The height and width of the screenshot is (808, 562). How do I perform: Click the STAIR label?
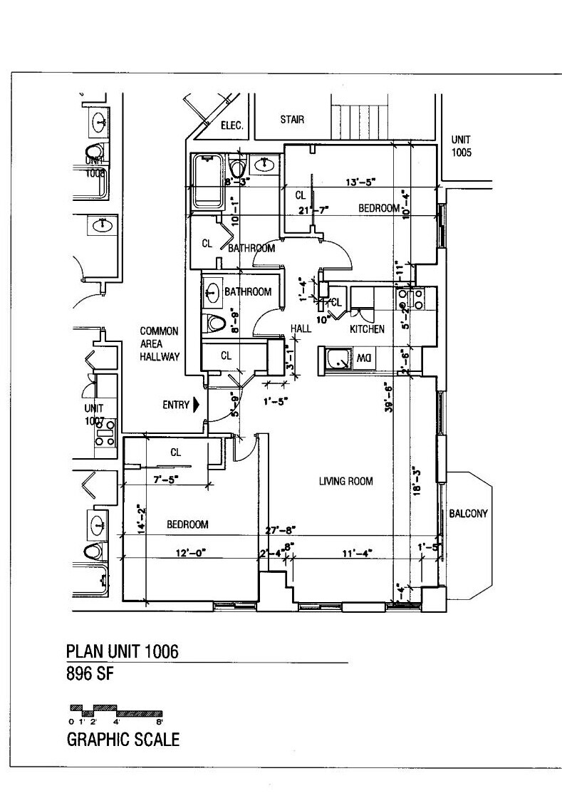point(292,120)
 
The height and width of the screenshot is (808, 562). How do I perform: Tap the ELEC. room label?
point(232,125)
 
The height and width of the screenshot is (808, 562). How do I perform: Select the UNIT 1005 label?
point(461,146)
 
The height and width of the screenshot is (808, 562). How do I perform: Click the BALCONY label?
point(468,513)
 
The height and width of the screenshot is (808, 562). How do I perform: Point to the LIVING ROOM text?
point(345,481)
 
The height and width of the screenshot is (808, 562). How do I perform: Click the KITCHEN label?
point(367,329)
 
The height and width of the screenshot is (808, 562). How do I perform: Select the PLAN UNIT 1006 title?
point(122,651)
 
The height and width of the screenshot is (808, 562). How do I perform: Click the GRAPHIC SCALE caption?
point(123,740)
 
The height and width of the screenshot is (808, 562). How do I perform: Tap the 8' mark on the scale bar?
point(160,721)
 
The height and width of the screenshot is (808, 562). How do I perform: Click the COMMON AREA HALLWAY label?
point(159,343)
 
